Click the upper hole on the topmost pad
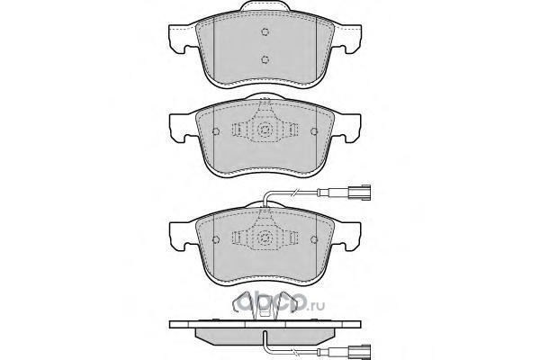(x=265, y=31)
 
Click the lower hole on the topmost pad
(x=265, y=59)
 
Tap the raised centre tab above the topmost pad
(x=265, y=6)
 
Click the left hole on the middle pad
(x=216, y=131)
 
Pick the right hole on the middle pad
(x=314, y=131)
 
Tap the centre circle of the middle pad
(x=265, y=130)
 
